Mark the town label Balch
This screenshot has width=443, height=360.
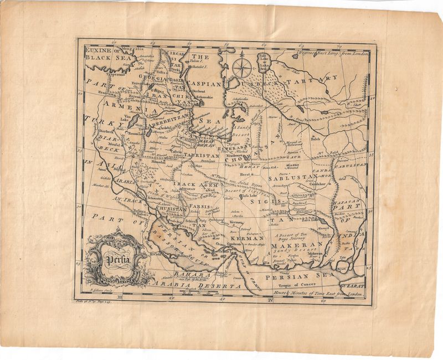pyautogui.click(x=316, y=139)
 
